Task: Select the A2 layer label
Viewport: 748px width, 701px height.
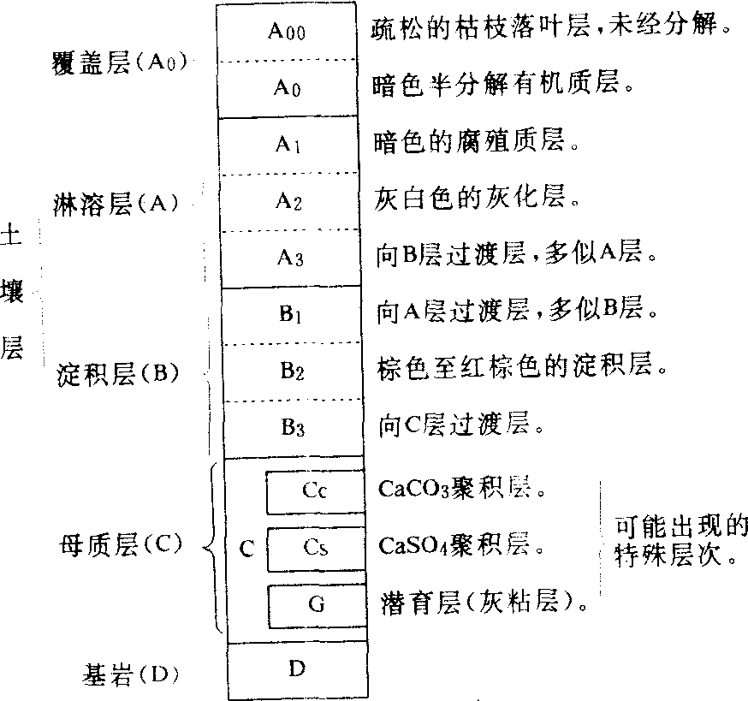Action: tap(288, 201)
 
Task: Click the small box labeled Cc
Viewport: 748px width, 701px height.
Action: tap(314, 491)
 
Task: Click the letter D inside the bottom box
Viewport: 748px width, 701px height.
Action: tap(295, 668)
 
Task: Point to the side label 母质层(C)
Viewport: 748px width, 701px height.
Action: tap(120, 544)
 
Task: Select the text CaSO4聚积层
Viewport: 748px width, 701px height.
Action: tap(460, 545)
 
